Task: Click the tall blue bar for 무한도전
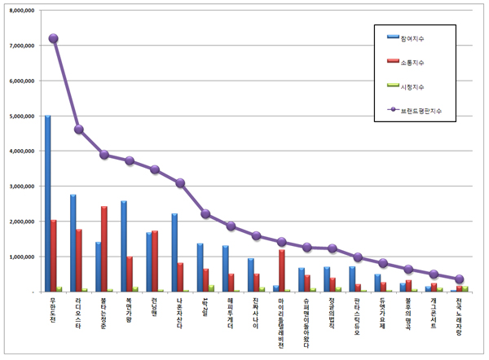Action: (47, 204)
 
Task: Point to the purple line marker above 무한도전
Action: (54, 38)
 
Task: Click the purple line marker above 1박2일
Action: (205, 214)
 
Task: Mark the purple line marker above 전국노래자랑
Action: (460, 279)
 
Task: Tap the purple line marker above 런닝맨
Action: (155, 169)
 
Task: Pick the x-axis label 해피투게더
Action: (231, 314)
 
